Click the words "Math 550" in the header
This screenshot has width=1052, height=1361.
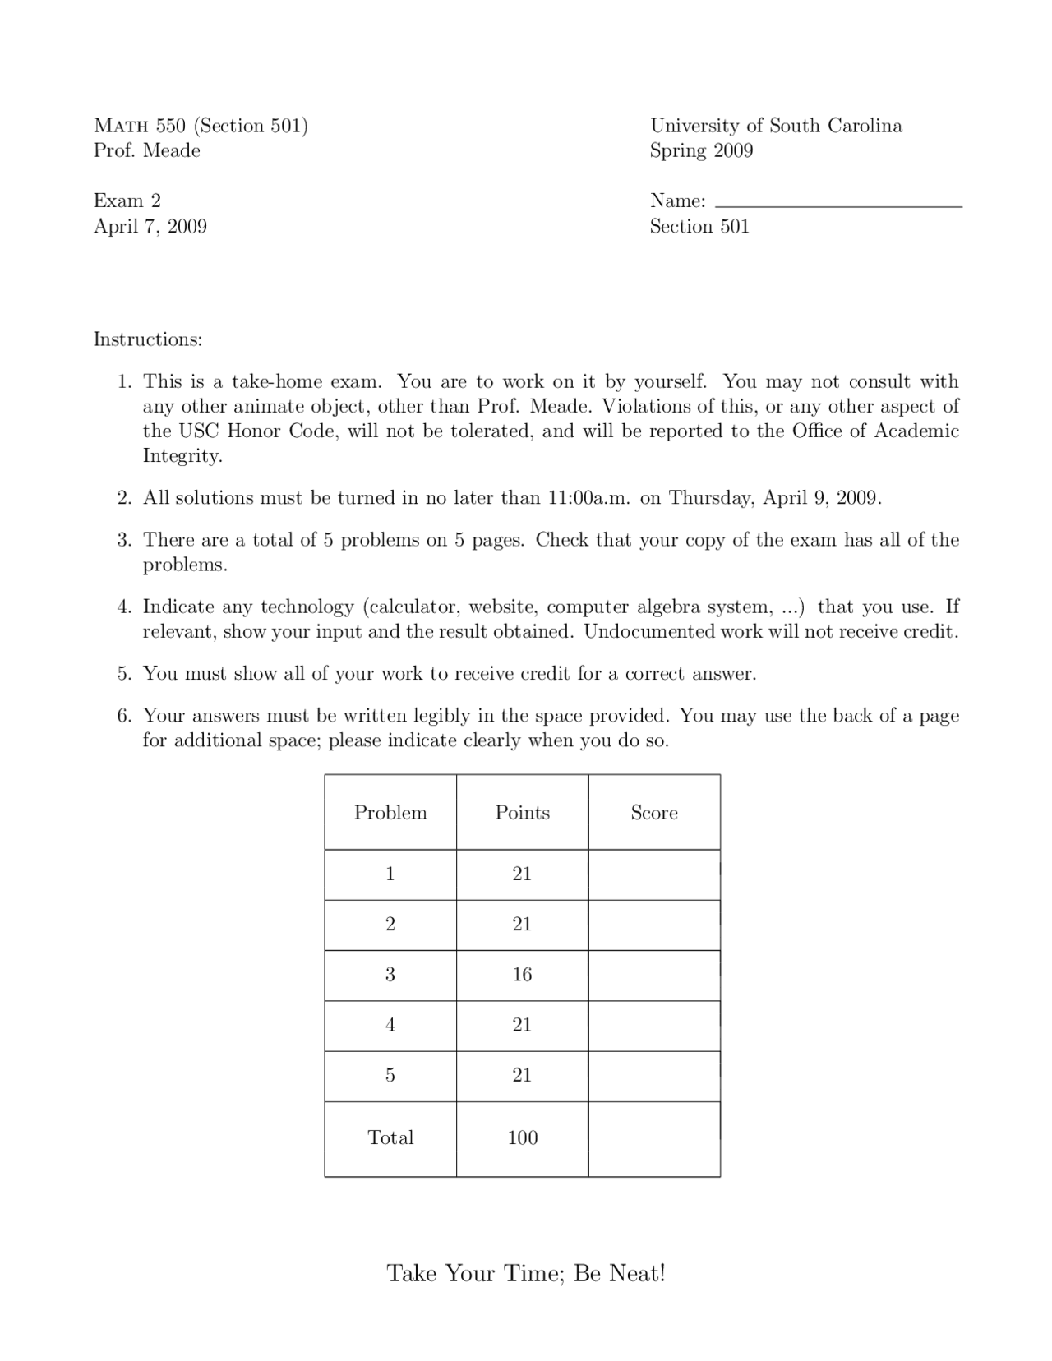click(x=140, y=126)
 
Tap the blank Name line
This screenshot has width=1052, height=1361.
click(x=838, y=201)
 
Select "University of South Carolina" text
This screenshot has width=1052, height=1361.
click(x=776, y=126)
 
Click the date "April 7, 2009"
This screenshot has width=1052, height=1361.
click(x=150, y=226)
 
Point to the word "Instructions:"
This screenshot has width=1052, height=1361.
click(x=148, y=339)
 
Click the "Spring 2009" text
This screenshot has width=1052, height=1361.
click(x=701, y=150)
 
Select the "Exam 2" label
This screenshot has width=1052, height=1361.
click(x=127, y=201)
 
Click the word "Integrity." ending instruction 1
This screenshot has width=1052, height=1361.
click(x=182, y=456)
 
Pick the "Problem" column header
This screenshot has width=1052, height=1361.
click(x=390, y=813)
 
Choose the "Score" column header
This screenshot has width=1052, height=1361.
click(x=654, y=813)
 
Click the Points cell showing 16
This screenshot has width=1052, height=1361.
click(x=522, y=975)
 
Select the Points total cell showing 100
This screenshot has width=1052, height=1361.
click(x=522, y=1137)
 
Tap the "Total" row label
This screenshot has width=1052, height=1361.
click(x=390, y=1137)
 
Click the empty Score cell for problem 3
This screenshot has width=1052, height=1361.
click(x=654, y=975)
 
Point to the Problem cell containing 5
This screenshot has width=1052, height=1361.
click(x=390, y=1075)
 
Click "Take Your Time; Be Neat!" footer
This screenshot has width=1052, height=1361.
click(x=526, y=1273)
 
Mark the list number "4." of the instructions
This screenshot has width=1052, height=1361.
click(x=125, y=607)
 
